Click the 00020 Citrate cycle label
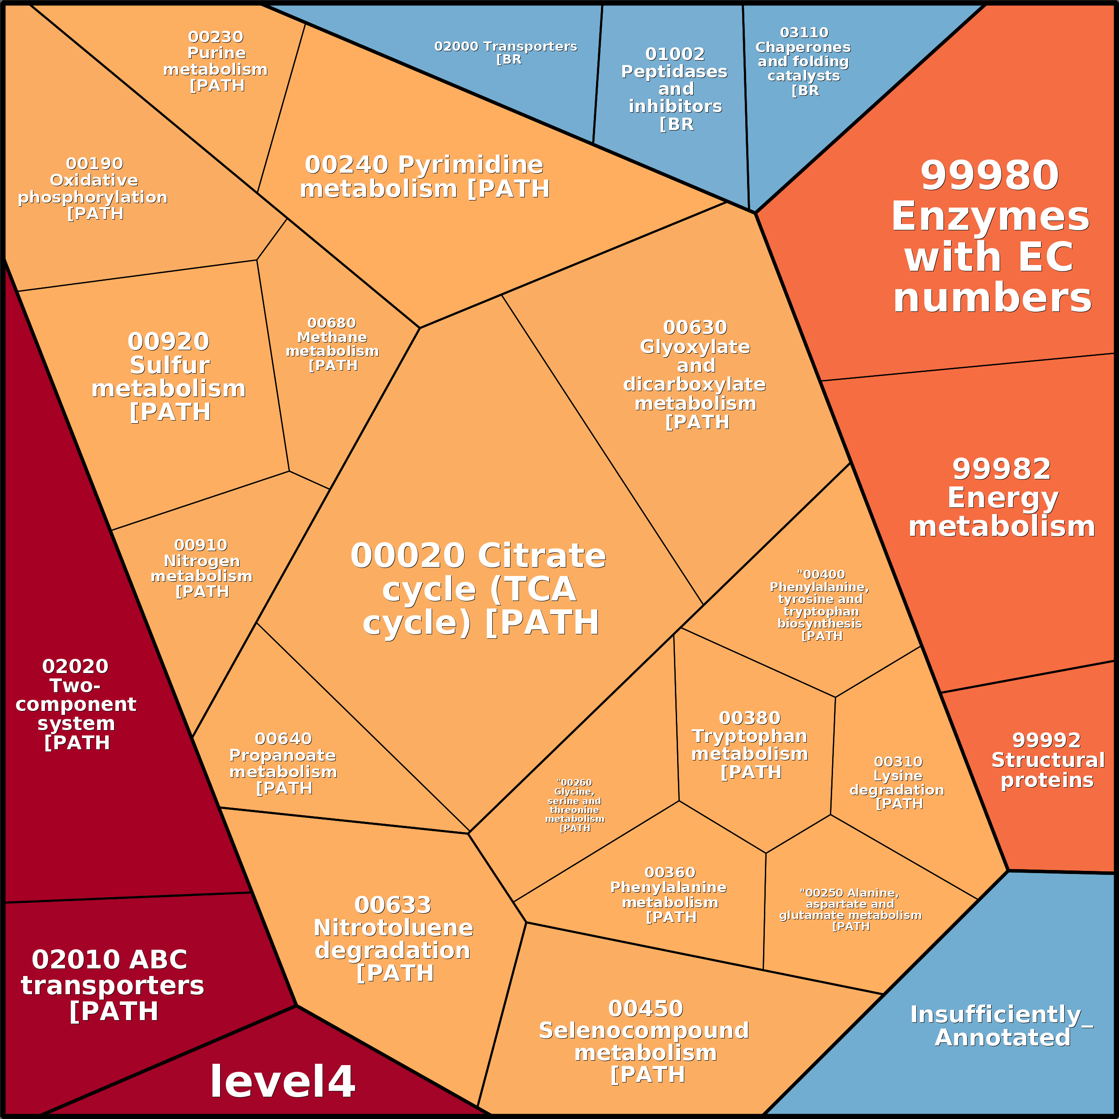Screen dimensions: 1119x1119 click(479, 589)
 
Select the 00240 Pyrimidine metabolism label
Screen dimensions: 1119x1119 click(425, 177)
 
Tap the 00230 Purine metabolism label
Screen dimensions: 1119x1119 click(216, 61)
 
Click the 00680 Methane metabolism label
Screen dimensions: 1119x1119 click(332, 344)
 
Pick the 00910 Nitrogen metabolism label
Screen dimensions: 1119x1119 click(201, 568)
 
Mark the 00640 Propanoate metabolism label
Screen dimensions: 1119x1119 click(283, 764)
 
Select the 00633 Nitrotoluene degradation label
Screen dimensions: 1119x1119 click(394, 939)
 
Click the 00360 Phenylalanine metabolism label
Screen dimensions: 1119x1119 click(669, 895)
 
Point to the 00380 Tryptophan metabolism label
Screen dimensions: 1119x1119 click(750, 745)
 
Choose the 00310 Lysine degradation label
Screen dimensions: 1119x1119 click(897, 783)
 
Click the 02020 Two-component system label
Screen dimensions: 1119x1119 click(76, 704)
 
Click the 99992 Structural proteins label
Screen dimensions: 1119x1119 click(1048, 760)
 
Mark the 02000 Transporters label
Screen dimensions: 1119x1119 click(506, 53)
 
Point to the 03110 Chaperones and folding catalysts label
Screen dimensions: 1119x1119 click(803, 61)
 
